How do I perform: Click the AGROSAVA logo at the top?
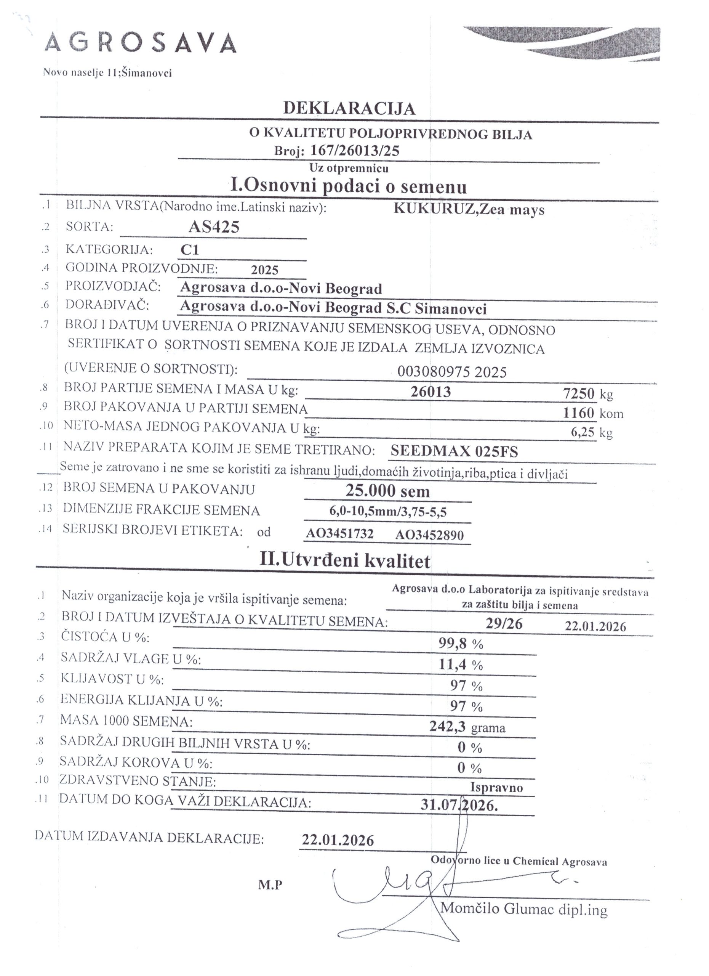pyautogui.click(x=141, y=43)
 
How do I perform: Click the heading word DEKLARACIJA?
pyautogui.click(x=349, y=108)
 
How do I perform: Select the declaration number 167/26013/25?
pyautogui.click(x=355, y=150)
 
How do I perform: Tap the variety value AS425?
pyautogui.click(x=214, y=227)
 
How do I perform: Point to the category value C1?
pyautogui.click(x=190, y=250)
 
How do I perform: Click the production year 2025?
pyautogui.click(x=265, y=270)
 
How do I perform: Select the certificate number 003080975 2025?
pyautogui.click(x=452, y=371)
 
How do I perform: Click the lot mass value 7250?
pyautogui.click(x=579, y=393)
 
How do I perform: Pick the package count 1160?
pyautogui.click(x=579, y=413)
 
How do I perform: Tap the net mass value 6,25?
pyautogui.click(x=583, y=432)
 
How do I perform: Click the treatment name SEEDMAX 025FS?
pyautogui.click(x=454, y=451)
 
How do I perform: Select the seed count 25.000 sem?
pyautogui.click(x=387, y=491)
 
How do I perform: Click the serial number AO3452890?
pyautogui.click(x=429, y=535)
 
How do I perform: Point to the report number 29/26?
pyautogui.click(x=504, y=624)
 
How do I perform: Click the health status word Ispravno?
pyautogui.click(x=496, y=788)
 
